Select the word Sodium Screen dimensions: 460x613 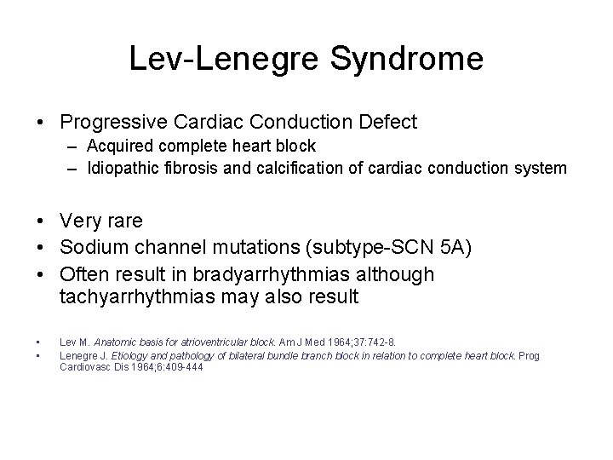[x=91, y=248]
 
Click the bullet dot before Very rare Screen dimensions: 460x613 [x=42, y=221]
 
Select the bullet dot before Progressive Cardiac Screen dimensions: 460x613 [x=42, y=123]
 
